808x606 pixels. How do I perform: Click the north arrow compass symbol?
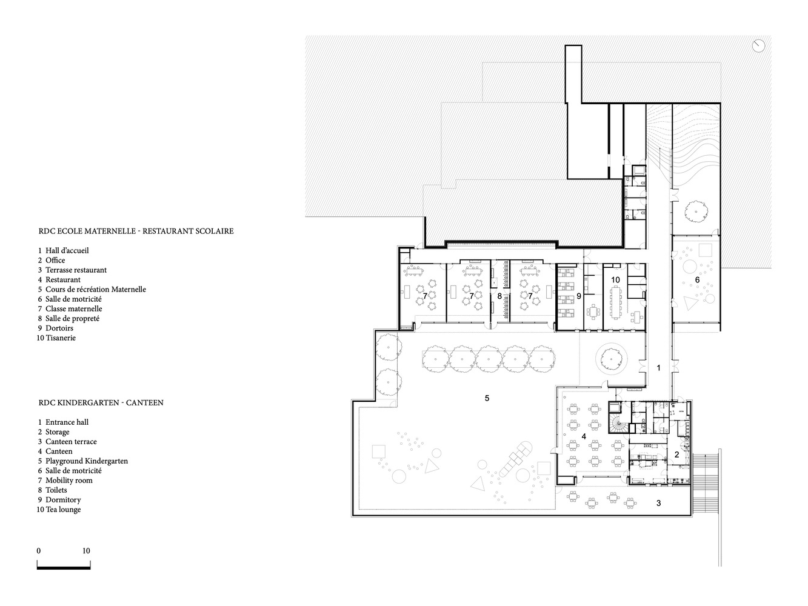759,46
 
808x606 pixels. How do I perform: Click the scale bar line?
64,568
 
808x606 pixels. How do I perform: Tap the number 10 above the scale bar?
86,551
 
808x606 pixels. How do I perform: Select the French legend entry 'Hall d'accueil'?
67,250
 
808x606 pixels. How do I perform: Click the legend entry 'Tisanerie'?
61,338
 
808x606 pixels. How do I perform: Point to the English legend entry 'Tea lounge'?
63,510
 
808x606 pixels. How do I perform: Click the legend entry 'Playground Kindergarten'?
87,461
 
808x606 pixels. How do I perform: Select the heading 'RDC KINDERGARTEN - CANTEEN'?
101,402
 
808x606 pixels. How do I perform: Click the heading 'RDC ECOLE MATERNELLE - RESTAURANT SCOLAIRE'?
136,231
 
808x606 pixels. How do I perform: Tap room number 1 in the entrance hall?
658,368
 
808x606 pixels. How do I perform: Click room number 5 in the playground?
487,398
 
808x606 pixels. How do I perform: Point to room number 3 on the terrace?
658,503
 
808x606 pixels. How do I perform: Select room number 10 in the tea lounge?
615,280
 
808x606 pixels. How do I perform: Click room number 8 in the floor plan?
499,296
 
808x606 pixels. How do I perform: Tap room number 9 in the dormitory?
579,296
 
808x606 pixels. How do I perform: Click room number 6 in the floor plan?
697,280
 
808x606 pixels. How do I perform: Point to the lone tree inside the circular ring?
611,359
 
